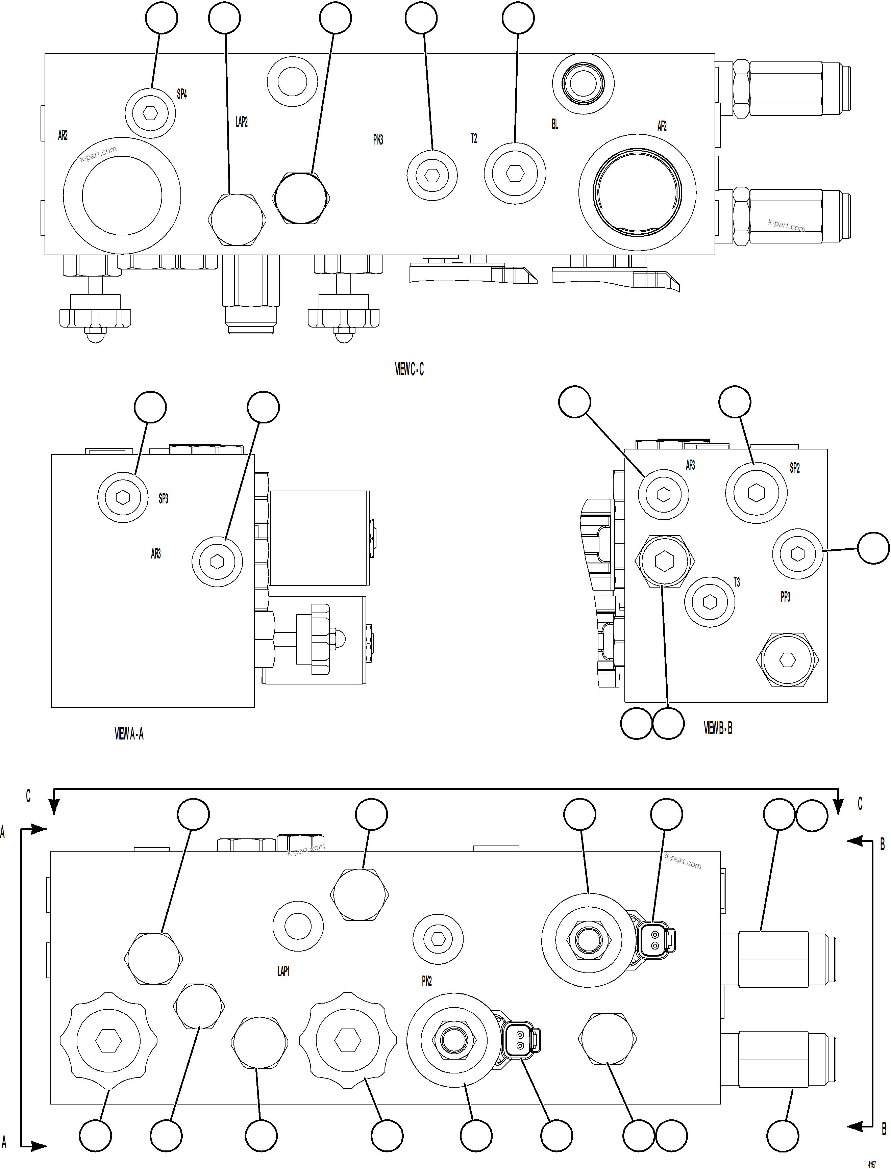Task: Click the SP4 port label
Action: click(x=182, y=94)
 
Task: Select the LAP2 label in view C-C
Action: click(x=241, y=122)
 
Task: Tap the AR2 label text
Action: click(x=63, y=136)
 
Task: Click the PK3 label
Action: click(x=378, y=140)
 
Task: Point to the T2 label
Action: click(x=474, y=139)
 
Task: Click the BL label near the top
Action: click(x=555, y=125)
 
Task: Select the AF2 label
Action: click(x=662, y=126)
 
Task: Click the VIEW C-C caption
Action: click(x=409, y=370)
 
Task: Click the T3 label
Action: click(x=736, y=583)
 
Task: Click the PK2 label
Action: click(x=426, y=981)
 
